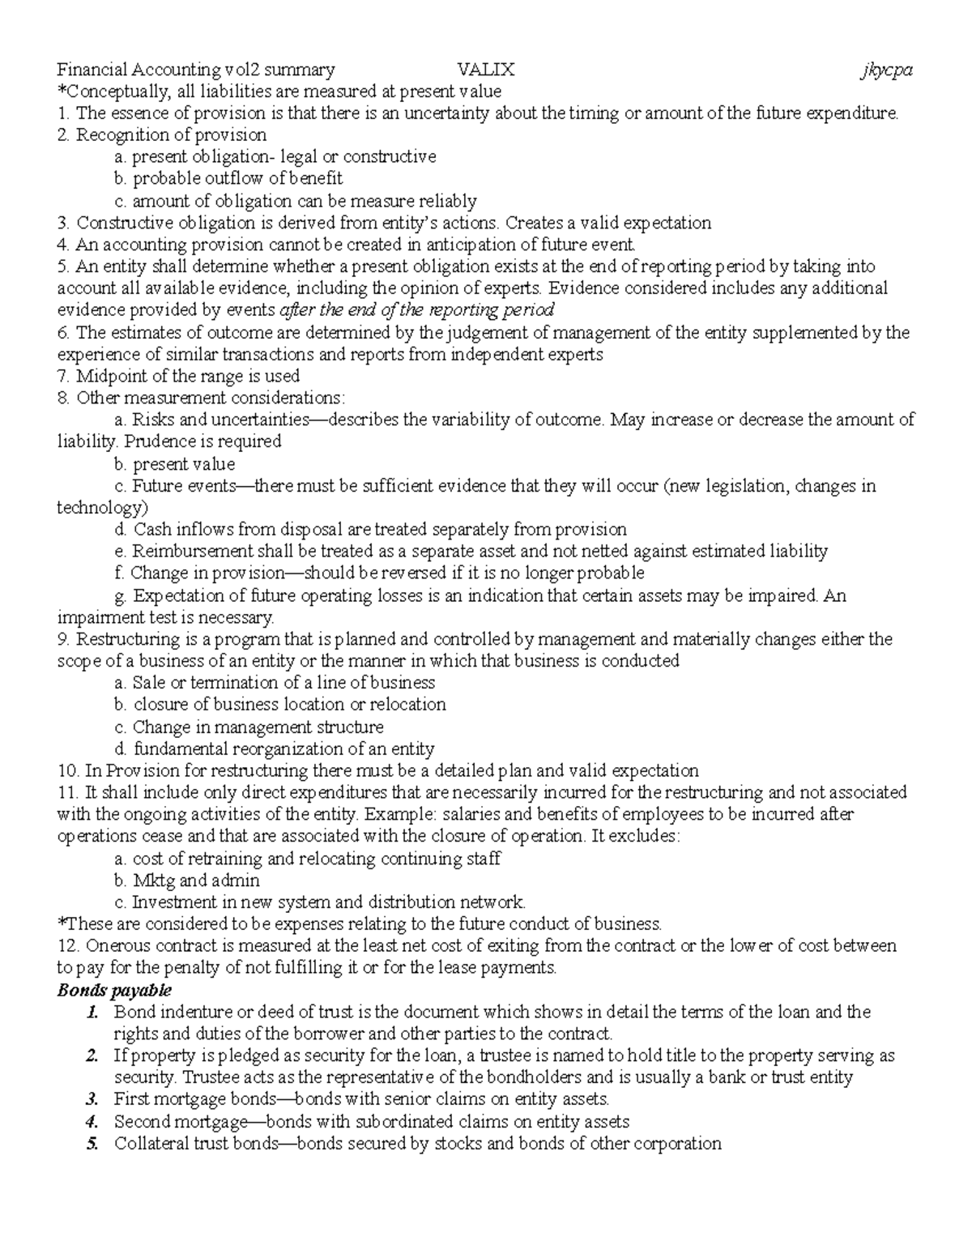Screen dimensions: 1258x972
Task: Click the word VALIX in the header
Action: coord(485,70)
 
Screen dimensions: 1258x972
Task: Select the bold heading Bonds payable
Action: coord(114,990)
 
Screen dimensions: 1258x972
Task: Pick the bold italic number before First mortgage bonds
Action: coord(94,1100)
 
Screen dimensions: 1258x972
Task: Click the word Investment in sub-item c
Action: coord(171,902)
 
